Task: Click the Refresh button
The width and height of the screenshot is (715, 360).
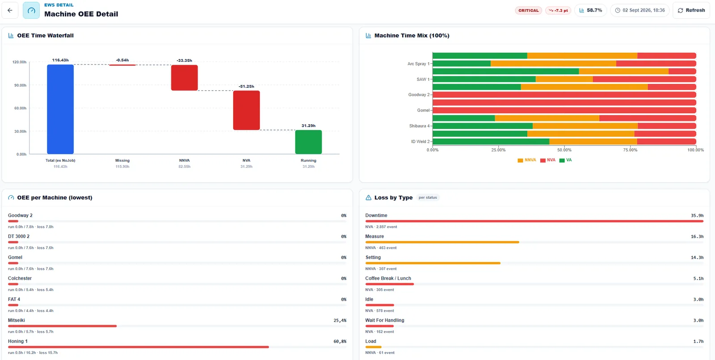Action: click(x=691, y=10)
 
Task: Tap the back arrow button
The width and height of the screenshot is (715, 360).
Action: click(x=10, y=10)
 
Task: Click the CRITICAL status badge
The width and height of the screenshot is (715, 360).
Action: click(x=528, y=11)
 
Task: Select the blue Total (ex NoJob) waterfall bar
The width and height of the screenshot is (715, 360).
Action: click(x=60, y=109)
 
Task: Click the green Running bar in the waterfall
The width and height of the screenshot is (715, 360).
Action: click(x=308, y=142)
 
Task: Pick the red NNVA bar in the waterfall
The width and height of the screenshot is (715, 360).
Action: click(x=185, y=78)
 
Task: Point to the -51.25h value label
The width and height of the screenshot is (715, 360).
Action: click(x=246, y=87)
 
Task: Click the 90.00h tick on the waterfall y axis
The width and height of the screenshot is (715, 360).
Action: click(x=20, y=85)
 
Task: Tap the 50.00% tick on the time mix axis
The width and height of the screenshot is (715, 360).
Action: click(x=564, y=150)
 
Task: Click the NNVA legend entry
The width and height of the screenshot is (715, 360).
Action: click(x=527, y=160)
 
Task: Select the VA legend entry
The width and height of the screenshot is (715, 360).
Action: click(x=566, y=160)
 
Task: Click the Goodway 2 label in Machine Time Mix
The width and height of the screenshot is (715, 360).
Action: click(x=419, y=95)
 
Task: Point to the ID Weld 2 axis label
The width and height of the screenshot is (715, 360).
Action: click(x=421, y=142)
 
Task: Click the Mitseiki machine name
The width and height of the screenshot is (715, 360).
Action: click(x=16, y=320)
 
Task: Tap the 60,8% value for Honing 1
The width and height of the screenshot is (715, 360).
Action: click(x=340, y=342)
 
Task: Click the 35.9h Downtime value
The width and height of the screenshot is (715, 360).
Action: click(x=697, y=216)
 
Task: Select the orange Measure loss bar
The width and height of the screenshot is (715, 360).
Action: click(x=442, y=242)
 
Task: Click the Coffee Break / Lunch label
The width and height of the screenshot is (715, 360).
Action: click(x=388, y=278)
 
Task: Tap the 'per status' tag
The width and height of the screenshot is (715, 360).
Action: click(x=428, y=197)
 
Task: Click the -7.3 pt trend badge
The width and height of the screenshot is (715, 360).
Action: click(x=558, y=11)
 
